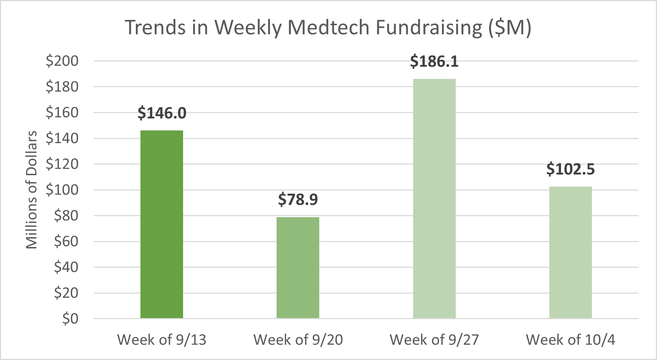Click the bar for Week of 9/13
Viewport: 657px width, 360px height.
(162, 224)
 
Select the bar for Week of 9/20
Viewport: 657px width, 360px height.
(298, 267)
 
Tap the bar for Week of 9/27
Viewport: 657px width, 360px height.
(434, 198)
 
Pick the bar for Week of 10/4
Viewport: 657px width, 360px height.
(570, 252)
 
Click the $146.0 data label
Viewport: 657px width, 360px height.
(162, 113)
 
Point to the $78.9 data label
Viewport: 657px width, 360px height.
(298, 199)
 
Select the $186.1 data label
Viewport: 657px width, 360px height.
(434, 61)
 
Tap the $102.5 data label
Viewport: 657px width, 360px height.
(570, 169)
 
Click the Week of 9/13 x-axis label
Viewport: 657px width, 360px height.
(162, 340)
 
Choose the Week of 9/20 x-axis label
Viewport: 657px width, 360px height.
(298, 340)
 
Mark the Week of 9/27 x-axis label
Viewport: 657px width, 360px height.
(434, 340)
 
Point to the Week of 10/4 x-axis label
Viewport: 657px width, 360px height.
(570, 340)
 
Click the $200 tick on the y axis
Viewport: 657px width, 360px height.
(62, 61)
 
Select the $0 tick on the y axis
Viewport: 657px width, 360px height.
(70, 319)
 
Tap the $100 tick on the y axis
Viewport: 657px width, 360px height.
(62, 190)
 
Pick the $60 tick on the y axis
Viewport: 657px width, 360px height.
(66, 241)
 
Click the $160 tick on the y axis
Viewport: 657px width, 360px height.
(62, 112)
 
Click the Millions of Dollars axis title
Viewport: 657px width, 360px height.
(32, 190)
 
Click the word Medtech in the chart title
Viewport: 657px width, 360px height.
(328, 27)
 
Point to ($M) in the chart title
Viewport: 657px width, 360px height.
(509, 27)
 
